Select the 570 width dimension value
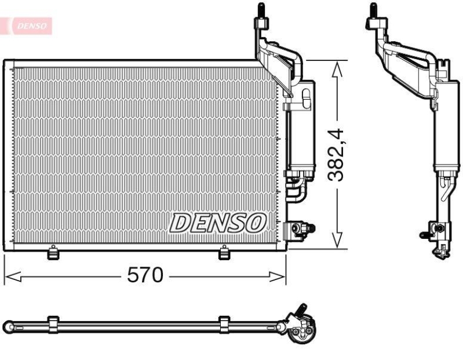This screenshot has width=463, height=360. [145, 275]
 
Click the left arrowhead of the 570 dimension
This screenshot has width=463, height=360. [12, 277]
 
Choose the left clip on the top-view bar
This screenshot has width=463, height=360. [53, 325]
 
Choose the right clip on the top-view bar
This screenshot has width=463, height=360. [224, 325]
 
